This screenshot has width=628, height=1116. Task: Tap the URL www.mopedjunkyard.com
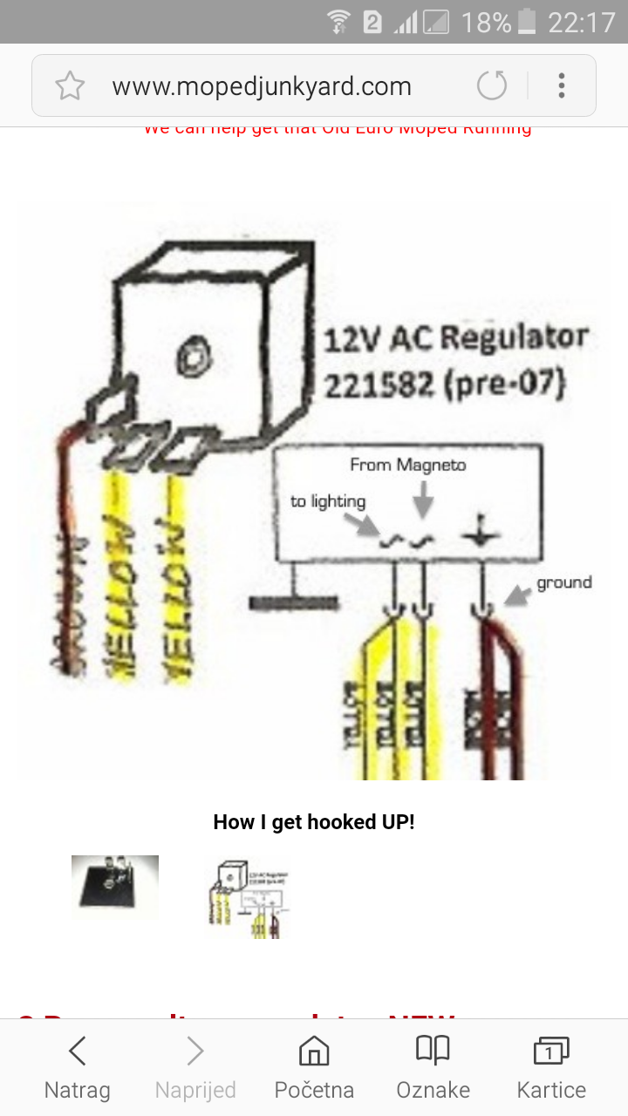point(261,86)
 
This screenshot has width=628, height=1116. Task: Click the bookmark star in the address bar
point(70,85)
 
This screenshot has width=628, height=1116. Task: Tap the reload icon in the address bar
point(492,85)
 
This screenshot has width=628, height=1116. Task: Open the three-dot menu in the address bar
point(562,85)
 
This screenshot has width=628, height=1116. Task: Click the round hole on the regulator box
point(188,355)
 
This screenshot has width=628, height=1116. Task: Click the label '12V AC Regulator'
point(455,338)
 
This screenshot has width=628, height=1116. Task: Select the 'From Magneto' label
point(407,465)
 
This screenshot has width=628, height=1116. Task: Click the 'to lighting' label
point(328,501)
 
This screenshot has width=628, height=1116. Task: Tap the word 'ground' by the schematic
point(563,582)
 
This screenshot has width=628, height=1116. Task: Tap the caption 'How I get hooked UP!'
point(314,822)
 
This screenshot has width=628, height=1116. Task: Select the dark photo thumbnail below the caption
point(115,887)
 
